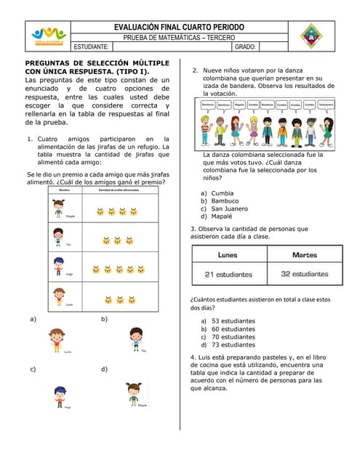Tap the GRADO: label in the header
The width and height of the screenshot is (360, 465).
[x=246, y=46]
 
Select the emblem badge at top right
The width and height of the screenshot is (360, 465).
[x=311, y=34]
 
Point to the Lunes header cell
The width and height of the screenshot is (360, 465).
[x=228, y=255]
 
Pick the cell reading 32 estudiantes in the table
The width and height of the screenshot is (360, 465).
[x=305, y=274]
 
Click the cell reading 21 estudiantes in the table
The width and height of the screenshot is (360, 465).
[x=228, y=274]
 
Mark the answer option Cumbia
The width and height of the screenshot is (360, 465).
[x=222, y=193]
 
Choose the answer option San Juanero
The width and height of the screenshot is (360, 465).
[x=229, y=209]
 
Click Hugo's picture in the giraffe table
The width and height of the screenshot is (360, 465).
[x=58, y=267]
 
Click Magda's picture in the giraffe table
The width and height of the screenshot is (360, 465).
[x=58, y=209]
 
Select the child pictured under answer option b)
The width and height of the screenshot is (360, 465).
[x=135, y=338]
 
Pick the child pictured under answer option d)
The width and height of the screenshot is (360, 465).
[x=133, y=395]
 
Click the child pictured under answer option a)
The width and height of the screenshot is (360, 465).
[x=57, y=339]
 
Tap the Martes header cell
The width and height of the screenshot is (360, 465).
[x=305, y=255]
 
